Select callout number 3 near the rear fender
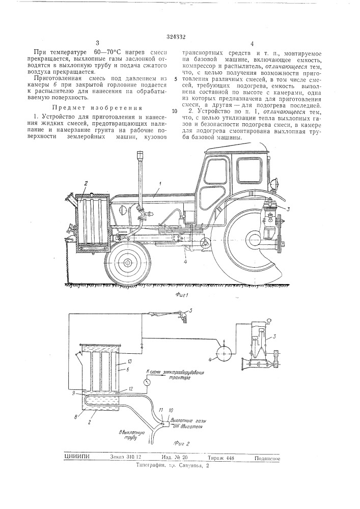288,208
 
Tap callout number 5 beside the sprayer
190,310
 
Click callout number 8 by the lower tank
75,416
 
